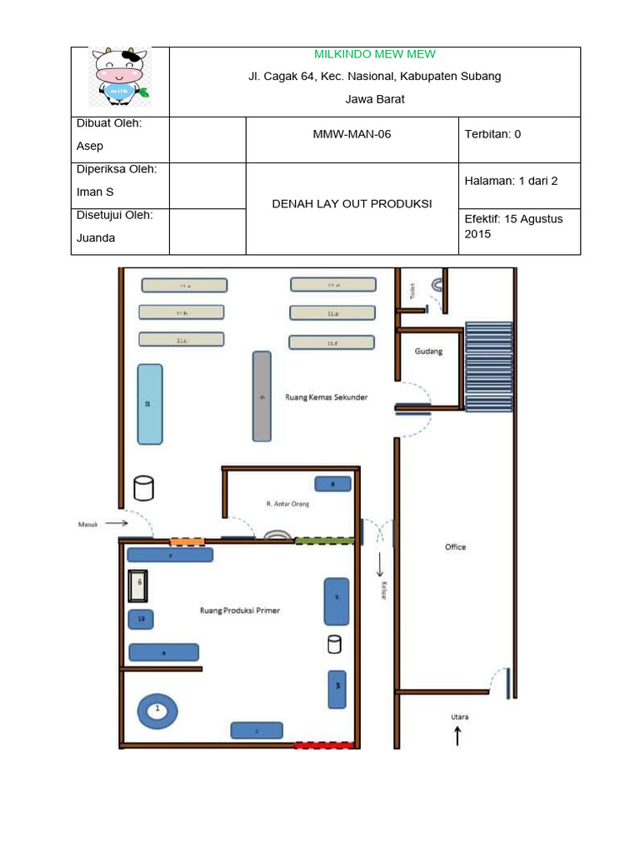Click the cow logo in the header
(x=120, y=77)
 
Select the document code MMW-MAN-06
(x=352, y=134)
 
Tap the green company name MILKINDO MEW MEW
(x=374, y=54)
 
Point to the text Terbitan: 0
(x=492, y=134)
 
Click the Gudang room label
(x=428, y=352)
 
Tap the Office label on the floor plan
(x=455, y=547)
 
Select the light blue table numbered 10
(x=150, y=404)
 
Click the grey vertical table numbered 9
(x=262, y=397)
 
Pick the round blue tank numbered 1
(x=157, y=710)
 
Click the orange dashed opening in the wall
(x=187, y=541)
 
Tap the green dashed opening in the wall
(x=324, y=541)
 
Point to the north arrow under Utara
(x=457, y=736)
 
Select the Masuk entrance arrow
(x=114, y=523)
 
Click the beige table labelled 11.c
(x=181, y=340)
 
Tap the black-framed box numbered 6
(x=138, y=586)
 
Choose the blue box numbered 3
(x=337, y=688)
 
